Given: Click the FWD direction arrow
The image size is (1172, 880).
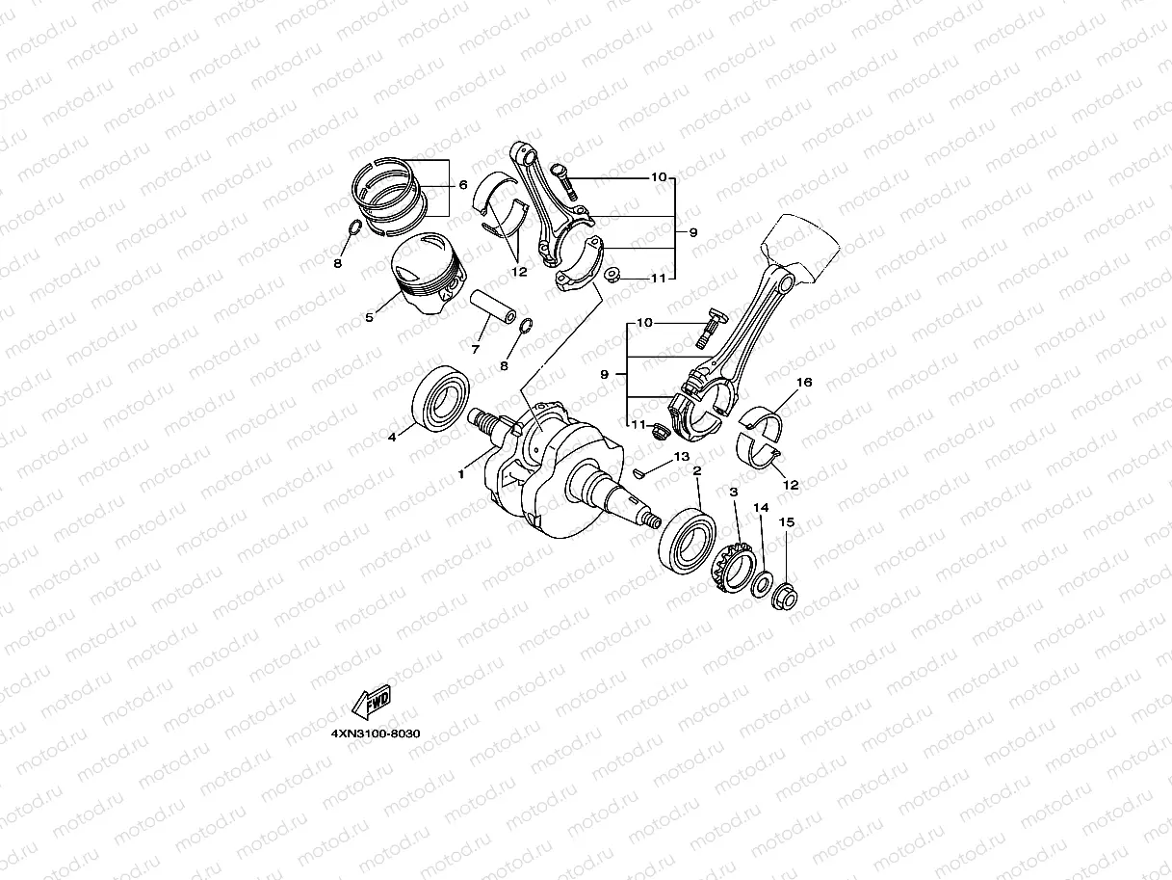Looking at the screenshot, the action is point(371,702).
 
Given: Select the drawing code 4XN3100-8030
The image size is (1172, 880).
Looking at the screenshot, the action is point(376,733).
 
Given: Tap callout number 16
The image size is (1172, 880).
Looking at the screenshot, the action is point(804,382).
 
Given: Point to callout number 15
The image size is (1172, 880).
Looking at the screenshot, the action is point(787,522).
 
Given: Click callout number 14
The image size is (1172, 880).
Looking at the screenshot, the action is point(761,507).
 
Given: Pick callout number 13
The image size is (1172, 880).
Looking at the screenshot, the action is point(682,456).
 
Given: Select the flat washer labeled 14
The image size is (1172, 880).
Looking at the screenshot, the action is point(761,584).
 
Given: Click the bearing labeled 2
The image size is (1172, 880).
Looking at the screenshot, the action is point(687,541).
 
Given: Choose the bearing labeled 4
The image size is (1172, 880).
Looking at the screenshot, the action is point(441,399).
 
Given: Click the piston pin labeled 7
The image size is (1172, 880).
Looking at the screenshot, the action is point(493,307).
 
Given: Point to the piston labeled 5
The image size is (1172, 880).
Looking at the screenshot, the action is point(428,273).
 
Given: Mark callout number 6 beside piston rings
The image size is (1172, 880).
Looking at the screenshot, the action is point(463,184).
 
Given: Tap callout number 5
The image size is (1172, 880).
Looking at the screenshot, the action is point(369,317).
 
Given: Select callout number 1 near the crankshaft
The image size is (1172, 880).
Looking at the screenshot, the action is point(461,474).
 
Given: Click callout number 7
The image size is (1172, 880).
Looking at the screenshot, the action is point(475,350).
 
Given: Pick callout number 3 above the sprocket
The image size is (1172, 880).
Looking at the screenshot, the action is point(734,492).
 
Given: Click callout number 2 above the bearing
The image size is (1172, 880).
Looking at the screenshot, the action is point(697,470).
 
